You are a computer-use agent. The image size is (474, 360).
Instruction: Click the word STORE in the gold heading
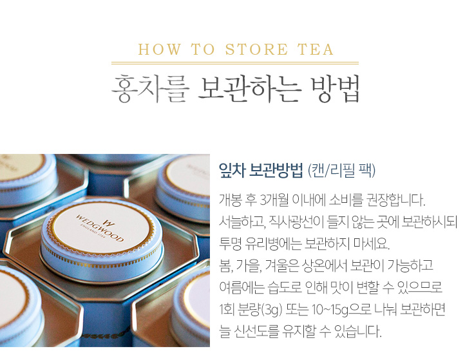click(x=256, y=50)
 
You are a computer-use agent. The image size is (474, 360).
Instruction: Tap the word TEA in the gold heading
click(x=316, y=50)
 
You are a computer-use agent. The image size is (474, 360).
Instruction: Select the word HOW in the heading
click(x=160, y=50)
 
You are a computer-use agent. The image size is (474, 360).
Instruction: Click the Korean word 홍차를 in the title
click(x=150, y=88)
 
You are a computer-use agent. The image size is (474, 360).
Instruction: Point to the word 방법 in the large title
click(x=335, y=88)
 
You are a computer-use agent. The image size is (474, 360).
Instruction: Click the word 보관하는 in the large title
click(x=250, y=88)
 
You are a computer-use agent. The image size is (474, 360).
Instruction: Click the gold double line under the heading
click(x=235, y=63)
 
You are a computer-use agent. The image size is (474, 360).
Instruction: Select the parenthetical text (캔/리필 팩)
click(x=341, y=171)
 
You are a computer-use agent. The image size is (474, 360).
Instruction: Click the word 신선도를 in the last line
click(x=256, y=331)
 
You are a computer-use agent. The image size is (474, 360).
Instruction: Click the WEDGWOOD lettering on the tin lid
click(x=99, y=229)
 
